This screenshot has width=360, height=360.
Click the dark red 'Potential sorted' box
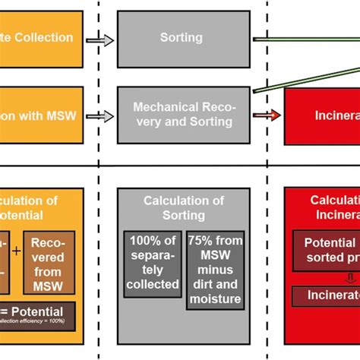[327, 251]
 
